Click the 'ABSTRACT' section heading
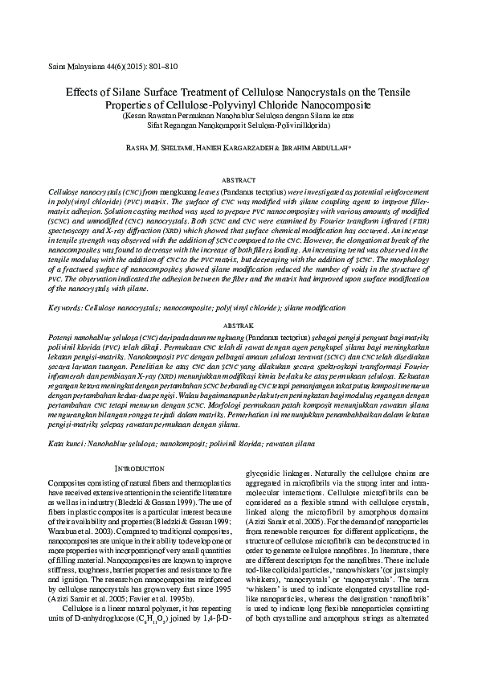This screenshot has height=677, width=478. coord(238,182)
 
